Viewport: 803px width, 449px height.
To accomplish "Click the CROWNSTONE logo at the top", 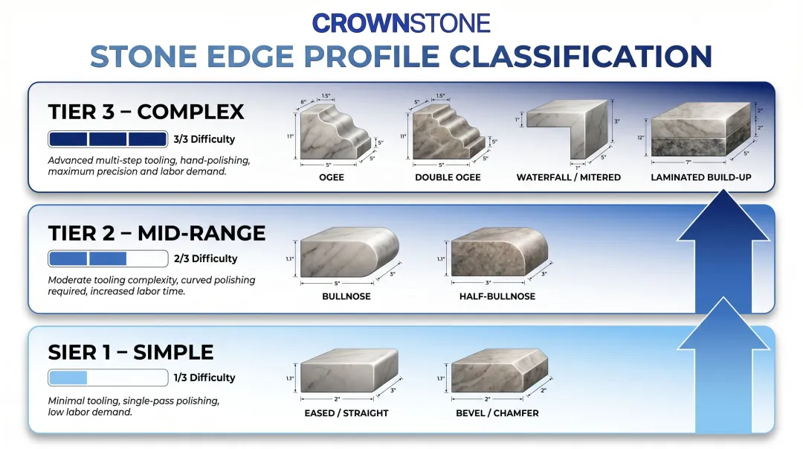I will click(401, 22).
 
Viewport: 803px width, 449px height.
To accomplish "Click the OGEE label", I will click(332, 177).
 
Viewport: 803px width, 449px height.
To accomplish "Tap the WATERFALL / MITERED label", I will click(569, 177).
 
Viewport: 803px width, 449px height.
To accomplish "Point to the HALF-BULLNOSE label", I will click(497, 296).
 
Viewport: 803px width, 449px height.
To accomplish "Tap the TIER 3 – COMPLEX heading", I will click(146, 112).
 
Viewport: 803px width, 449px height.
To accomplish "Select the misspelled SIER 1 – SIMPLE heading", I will click(130, 352).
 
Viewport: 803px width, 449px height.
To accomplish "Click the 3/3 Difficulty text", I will click(204, 139).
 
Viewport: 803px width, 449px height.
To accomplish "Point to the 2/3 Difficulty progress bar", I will click(108, 259).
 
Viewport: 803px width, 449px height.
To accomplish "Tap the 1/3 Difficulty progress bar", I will click(108, 378).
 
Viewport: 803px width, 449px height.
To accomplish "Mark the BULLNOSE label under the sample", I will click(346, 296).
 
